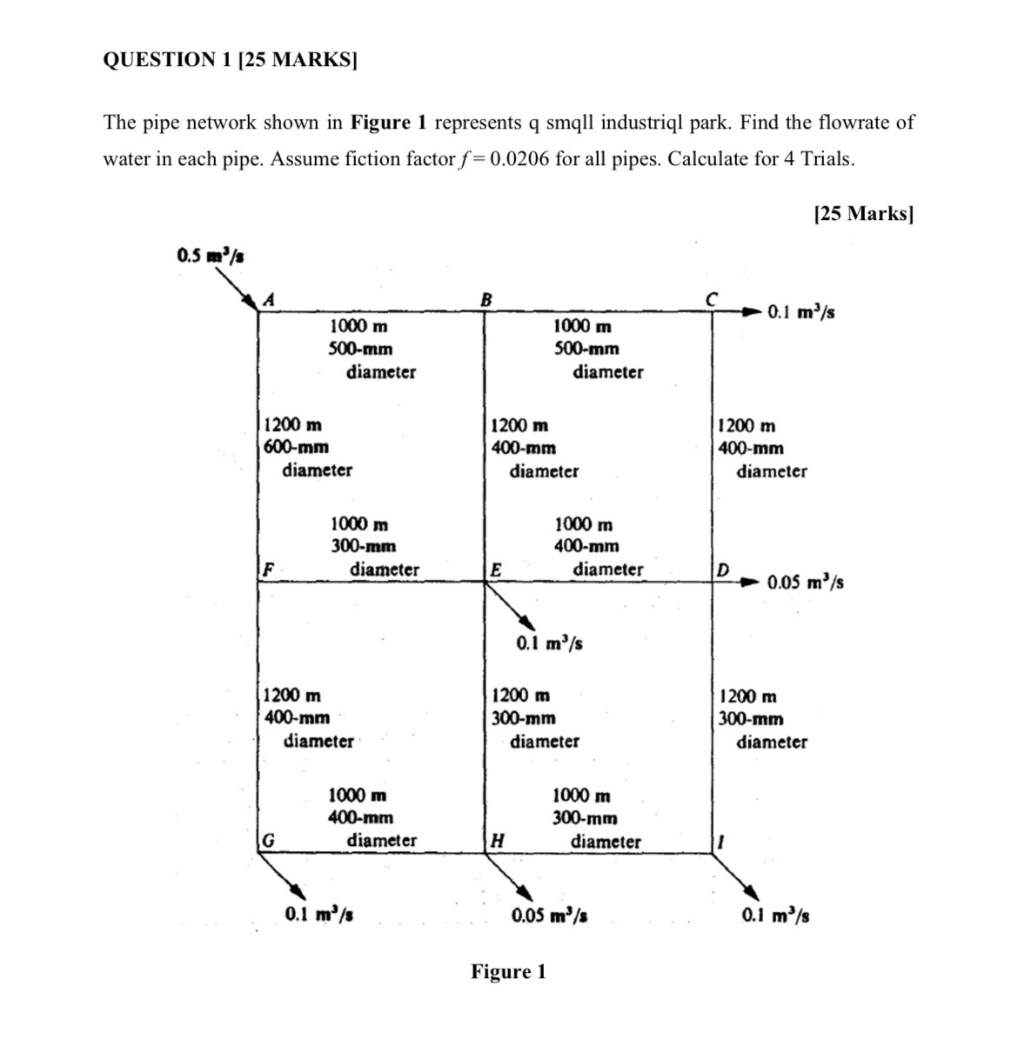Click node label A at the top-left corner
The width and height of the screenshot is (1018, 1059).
(x=270, y=299)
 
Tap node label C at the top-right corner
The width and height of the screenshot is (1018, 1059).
(x=711, y=298)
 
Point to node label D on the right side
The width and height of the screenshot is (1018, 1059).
(x=722, y=569)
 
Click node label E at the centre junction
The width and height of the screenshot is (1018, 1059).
(x=496, y=570)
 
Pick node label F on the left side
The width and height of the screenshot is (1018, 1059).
(x=269, y=570)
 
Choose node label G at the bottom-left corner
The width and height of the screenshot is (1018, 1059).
(x=269, y=841)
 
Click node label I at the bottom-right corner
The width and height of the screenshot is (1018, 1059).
(x=720, y=841)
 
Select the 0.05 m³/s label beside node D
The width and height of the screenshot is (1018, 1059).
(x=805, y=582)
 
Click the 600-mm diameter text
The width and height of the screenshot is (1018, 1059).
(x=297, y=447)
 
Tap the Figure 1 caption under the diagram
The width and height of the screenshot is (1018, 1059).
(x=508, y=971)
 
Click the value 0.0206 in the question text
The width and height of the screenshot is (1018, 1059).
(x=519, y=159)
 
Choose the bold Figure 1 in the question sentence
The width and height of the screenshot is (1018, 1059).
(x=388, y=122)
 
